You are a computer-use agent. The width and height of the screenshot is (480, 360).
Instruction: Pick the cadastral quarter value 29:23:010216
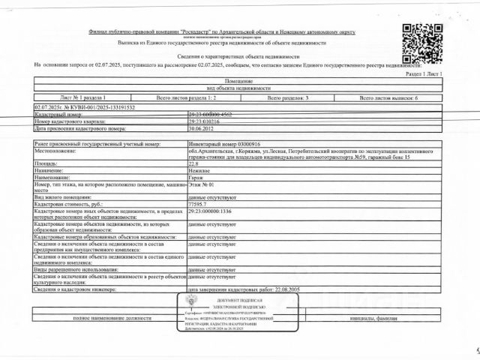[204, 121]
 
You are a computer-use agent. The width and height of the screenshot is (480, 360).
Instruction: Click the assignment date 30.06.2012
[202, 127]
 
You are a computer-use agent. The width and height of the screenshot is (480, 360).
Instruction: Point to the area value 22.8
[193, 163]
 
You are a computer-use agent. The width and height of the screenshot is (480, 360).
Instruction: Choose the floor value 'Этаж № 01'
[201, 183]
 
